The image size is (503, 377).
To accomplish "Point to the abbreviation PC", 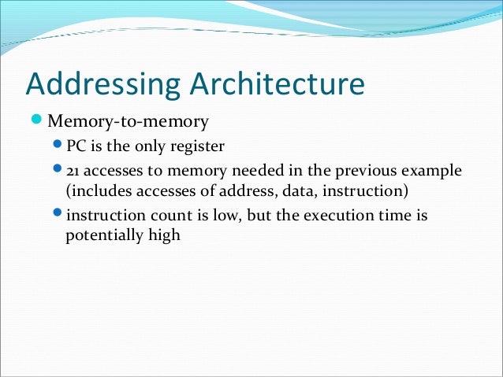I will point(76,146).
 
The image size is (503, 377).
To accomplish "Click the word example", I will point(433,171).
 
